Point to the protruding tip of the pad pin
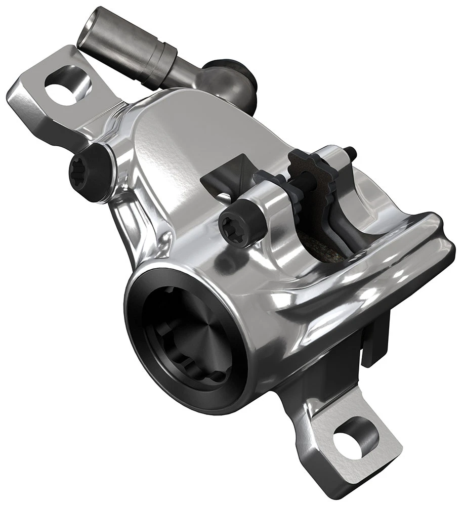pos(350,151)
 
